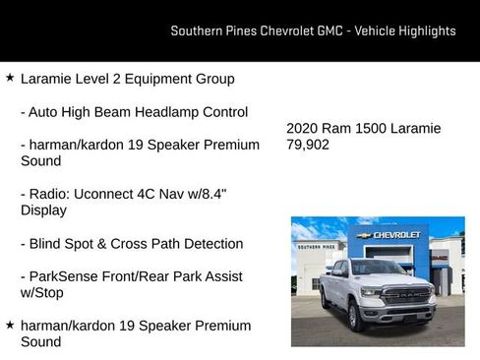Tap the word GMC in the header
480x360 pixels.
330,30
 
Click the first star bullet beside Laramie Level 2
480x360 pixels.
10,78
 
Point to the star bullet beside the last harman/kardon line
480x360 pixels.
10,325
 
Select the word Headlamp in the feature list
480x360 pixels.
156,112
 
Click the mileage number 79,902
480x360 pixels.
308,145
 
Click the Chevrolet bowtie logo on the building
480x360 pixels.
365,236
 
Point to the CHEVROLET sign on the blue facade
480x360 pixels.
396,236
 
